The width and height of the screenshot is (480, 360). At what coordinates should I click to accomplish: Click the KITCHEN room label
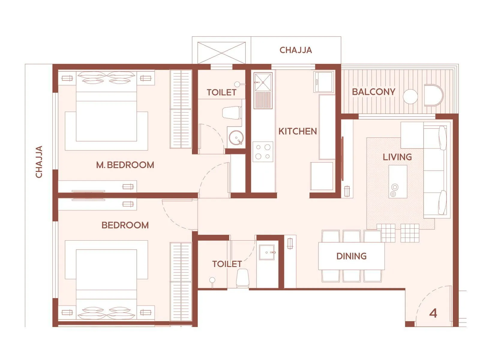[x=297, y=131]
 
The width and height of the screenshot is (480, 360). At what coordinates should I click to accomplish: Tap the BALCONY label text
[x=373, y=92]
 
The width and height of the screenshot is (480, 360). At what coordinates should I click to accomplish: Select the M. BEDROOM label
[x=125, y=165]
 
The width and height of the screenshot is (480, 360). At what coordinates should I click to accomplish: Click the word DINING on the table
[x=351, y=256]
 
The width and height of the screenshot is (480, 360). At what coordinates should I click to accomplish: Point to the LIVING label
[x=397, y=157]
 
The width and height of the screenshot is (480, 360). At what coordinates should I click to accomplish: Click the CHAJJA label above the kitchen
[x=296, y=50]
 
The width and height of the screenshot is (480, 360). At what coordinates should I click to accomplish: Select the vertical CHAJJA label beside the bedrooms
[x=39, y=162]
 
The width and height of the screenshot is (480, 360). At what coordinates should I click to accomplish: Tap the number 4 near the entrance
[x=433, y=313]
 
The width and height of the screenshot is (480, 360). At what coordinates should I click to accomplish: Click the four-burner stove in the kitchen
[x=263, y=152]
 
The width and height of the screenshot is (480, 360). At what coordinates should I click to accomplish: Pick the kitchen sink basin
[x=263, y=82]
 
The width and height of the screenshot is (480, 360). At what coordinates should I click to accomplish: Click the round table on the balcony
[x=410, y=97]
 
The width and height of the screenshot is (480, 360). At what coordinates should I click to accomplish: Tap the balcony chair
[x=433, y=95]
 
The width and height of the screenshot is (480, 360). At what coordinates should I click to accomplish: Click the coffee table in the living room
[x=398, y=181]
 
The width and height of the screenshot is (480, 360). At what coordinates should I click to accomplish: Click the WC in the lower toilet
[x=242, y=278]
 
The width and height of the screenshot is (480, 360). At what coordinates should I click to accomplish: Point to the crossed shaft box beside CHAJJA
[x=221, y=53]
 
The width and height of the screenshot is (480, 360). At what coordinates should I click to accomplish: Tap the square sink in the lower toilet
[x=267, y=252]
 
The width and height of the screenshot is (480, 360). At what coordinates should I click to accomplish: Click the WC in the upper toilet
[x=232, y=112]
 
